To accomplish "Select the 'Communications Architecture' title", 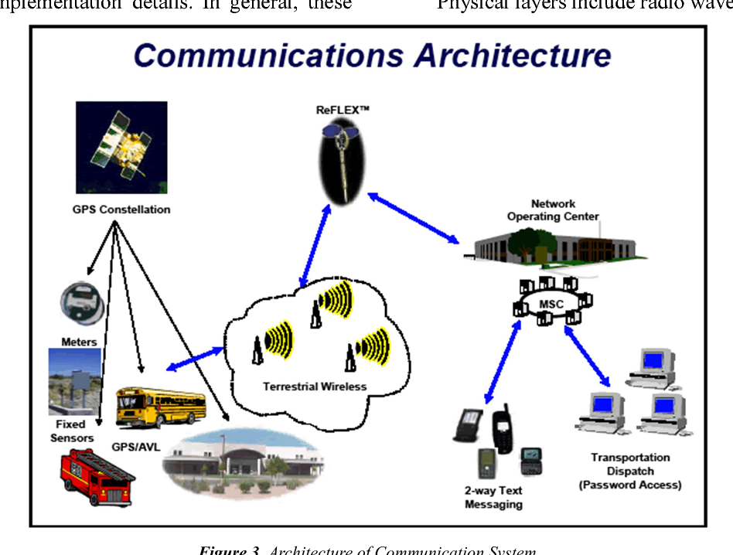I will click(373, 56).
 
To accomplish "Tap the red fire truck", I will click(91, 478).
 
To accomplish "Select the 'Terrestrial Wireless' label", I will click(314, 386).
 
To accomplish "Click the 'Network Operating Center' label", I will click(553, 210).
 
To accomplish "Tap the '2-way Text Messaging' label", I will click(493, 497).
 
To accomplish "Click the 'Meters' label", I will click(79, 342).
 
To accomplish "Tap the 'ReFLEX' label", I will click(343, 110).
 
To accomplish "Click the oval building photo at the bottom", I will click(242, 461).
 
